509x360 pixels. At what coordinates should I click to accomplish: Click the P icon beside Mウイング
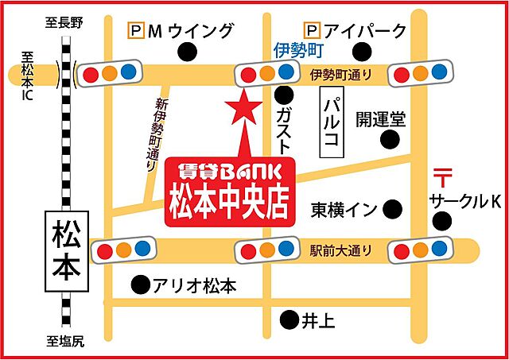pyautogui.click(x=136, y=31)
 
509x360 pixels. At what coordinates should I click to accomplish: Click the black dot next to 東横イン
pyautogui.click(x=392, y=210)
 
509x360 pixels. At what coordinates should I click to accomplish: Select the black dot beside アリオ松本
pyautogui.click(x=141, y=284)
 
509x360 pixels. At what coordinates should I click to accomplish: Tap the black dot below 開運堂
pyautogui.click(x=389, y=141)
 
